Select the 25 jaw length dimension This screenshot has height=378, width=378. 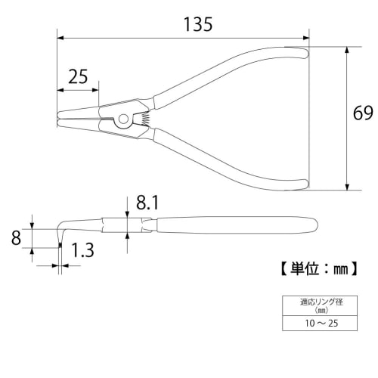pos(78,76)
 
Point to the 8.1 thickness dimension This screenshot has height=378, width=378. pos(147,203)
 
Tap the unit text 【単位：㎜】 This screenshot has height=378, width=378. pos(314,267)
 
